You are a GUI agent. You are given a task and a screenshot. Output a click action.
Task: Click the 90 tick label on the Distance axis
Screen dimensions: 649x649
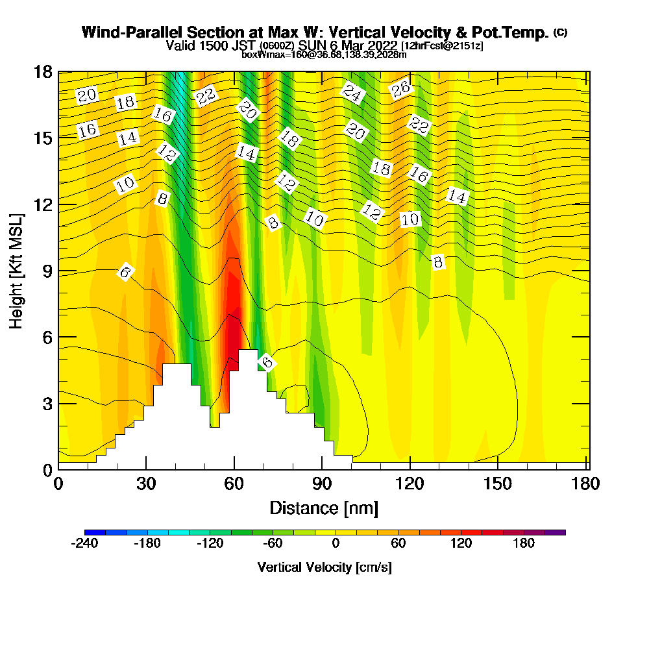[x=322, y=485]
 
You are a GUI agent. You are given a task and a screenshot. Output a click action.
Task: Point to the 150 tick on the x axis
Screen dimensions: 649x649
[x=498, y=469]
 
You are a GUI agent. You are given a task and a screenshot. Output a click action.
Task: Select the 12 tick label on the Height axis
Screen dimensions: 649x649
[x=43, y=204]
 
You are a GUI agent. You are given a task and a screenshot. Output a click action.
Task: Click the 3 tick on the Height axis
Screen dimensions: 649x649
[x=58, y=403]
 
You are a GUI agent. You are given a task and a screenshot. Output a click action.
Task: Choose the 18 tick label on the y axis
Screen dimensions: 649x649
[x=43, y=71]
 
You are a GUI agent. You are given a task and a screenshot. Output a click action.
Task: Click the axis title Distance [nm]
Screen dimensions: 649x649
[x=324, y=508]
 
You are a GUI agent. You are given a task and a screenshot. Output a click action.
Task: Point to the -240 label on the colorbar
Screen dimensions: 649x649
[x=84, y=544]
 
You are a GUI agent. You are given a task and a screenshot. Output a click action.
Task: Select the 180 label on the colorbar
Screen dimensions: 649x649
[x=524, y=544]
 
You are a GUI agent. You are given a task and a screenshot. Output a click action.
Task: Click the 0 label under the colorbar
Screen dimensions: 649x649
[x=336, y=544]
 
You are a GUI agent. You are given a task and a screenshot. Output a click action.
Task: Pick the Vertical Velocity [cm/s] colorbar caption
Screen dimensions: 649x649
[x=324, y=567]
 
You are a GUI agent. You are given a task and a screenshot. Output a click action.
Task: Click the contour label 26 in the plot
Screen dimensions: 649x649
[x=401, y=90]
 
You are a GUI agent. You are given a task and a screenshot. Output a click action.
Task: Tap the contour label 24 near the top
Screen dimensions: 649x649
[x=352, y=93]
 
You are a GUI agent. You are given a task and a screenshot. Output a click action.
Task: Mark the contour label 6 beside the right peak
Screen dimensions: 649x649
[x=266, y=361]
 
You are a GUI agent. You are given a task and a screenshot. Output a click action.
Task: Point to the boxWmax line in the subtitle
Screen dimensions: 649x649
[x=324, y=55]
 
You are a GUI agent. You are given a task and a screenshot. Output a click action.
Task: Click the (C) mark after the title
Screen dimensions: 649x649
[x=560, y=32]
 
